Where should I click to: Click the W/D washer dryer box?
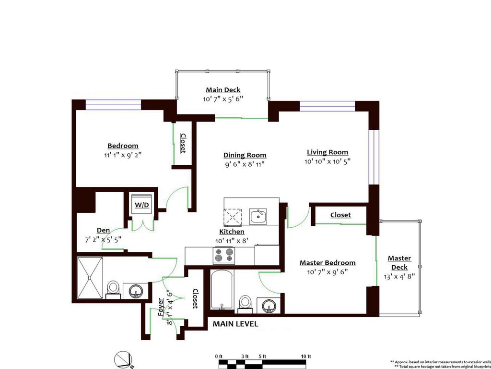coord(141,205)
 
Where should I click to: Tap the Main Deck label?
coord(223,90)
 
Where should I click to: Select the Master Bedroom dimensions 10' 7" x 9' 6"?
coord(327,272)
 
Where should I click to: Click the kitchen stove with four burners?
coord(224,255)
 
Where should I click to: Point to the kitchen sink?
coord(258,216)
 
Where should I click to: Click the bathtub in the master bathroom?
coord(222,290)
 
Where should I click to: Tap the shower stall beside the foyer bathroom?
coord(90,277)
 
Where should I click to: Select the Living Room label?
coord(327,152)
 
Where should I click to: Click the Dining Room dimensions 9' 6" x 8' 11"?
coord(245,164)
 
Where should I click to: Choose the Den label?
coord(104,230)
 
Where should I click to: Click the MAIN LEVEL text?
coord(235,324)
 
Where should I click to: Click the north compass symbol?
coord(123,359)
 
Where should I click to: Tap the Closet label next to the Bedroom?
coord(183,143)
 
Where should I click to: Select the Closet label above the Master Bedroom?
coord(340,215)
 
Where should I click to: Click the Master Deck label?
coord(399,263)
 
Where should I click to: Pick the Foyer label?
coord(161,306)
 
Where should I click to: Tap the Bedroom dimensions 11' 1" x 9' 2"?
coord(123,155)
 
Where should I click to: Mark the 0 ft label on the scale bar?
coord(219,356)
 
